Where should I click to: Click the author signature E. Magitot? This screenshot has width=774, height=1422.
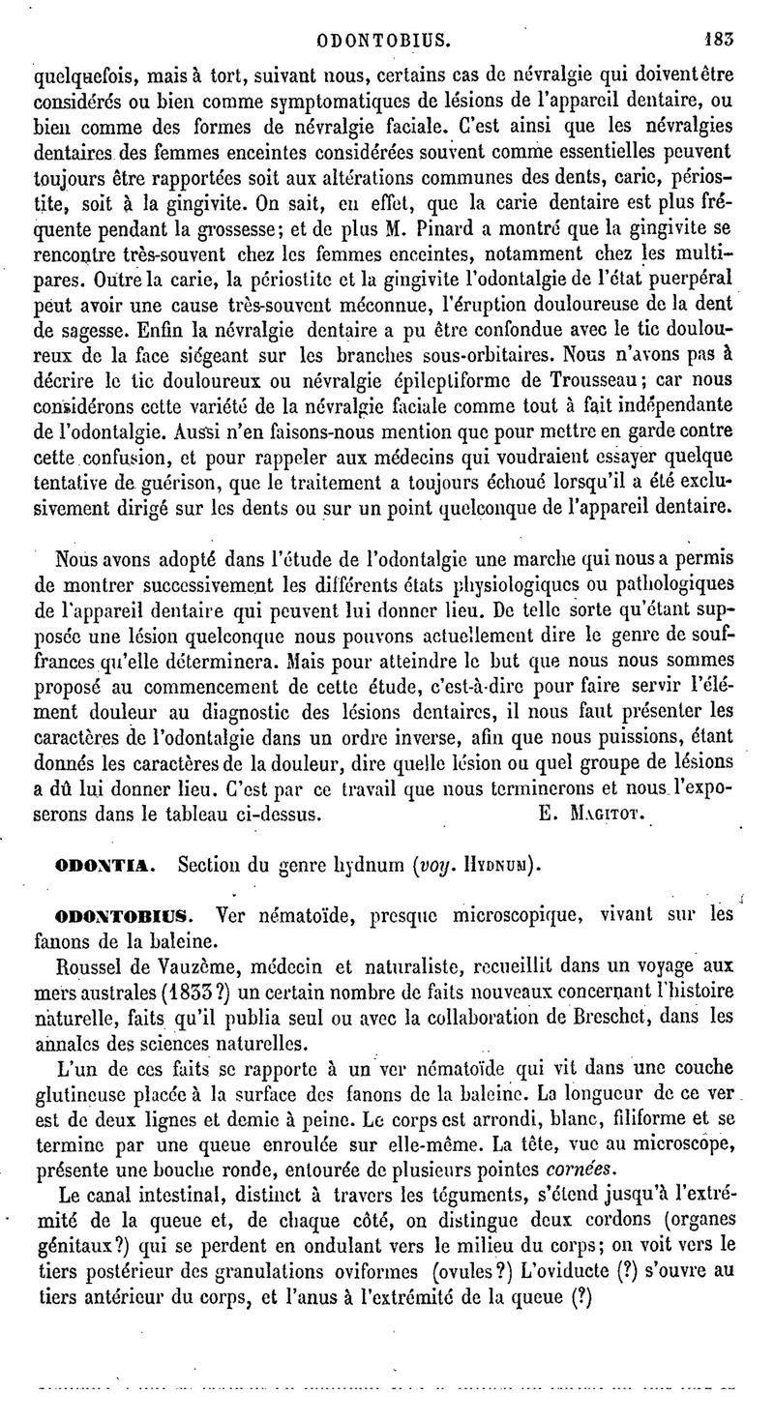(x=589, y=815)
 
